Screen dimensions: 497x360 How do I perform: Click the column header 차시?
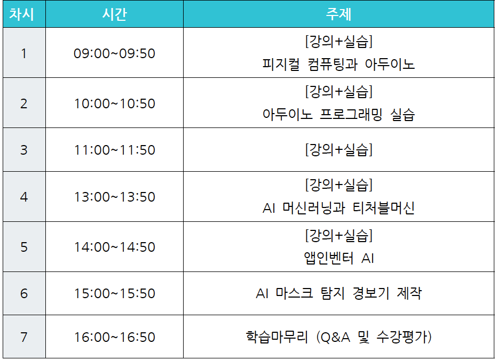[x=21, y=14]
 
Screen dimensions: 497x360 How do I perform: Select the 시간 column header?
[x=114, y=14]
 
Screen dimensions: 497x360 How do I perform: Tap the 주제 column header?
[x=339, y=14]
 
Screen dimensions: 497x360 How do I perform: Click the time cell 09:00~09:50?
[x=114, y=53]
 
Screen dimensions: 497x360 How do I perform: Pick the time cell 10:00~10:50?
[x=114, y=103]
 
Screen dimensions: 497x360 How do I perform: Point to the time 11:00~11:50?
[x=114, y=150]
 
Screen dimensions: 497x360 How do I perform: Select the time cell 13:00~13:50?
[x=114, y=197]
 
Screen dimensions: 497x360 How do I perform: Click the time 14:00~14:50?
[x=114, y=247]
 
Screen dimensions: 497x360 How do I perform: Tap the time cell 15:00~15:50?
[x=114, y=293]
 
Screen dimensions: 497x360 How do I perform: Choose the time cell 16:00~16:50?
[x=114, y=337]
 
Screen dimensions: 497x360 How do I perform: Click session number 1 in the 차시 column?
[x=24, y=53]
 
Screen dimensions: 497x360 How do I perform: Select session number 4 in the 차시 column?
[x=24, y=197]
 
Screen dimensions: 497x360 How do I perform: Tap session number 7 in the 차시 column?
[x=24, y=337]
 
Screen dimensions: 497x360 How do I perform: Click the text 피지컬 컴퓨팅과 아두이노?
[x=338, y=65]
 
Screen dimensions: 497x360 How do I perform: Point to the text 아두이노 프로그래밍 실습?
[x=338, y=114]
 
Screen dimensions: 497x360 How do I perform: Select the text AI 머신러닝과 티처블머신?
[x=338, y=208]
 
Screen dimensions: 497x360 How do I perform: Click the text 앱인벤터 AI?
[x=339, y=258]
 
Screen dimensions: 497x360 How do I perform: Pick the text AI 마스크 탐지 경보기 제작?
[x=339, y=293]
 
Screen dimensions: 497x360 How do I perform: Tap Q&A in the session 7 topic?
[x=335, y=338]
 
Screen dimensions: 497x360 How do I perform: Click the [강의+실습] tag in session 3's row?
[x=339, y=149]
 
